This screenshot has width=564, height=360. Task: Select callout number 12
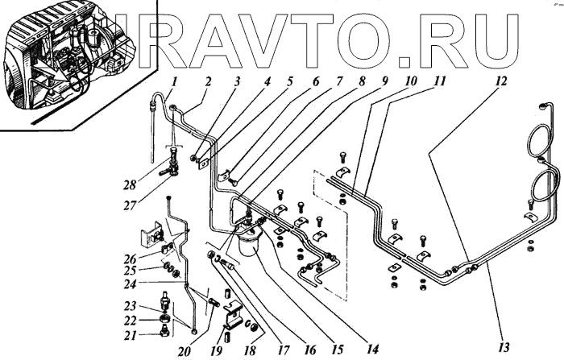pyautogui.click(x=501, y=81)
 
